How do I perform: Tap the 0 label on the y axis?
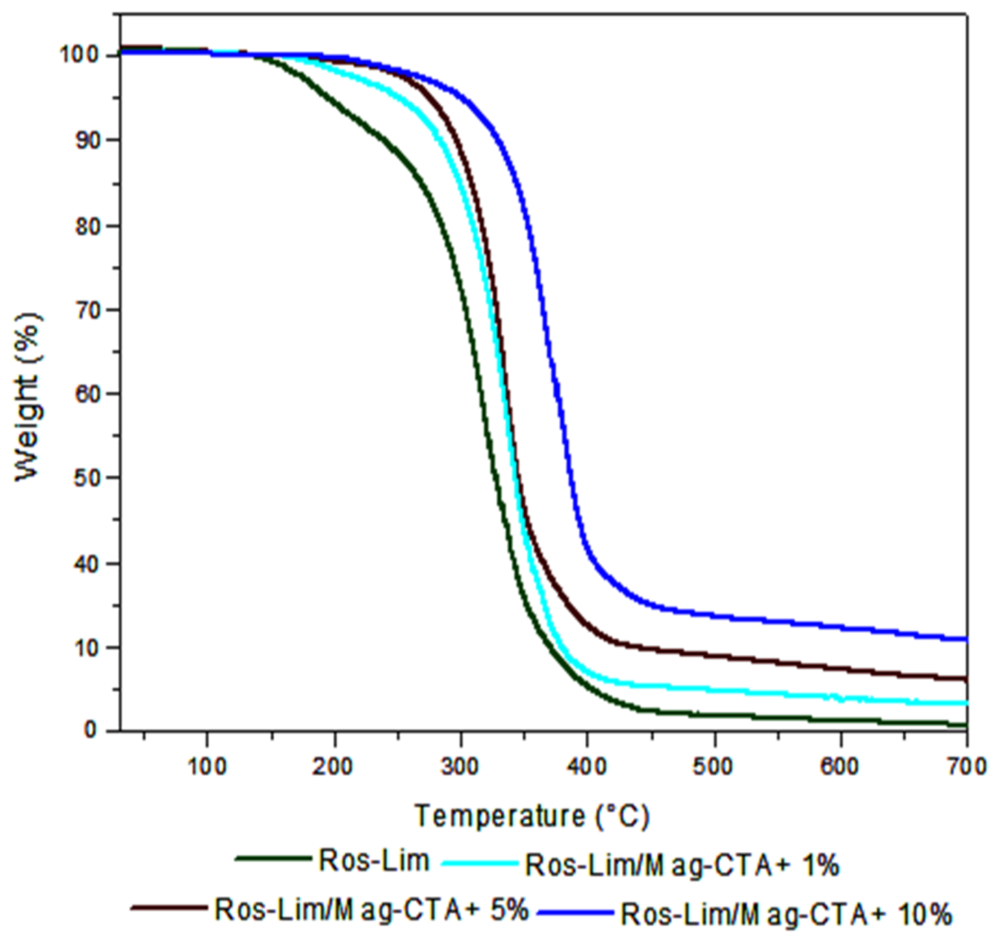(91, 730)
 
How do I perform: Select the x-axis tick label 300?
(461, 767)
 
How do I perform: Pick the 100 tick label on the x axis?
(207, 767)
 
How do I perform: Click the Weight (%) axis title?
(27, 397)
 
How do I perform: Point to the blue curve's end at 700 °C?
(966, 639)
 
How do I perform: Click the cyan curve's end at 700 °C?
(966, 703)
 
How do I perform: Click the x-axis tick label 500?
(714, 767)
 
